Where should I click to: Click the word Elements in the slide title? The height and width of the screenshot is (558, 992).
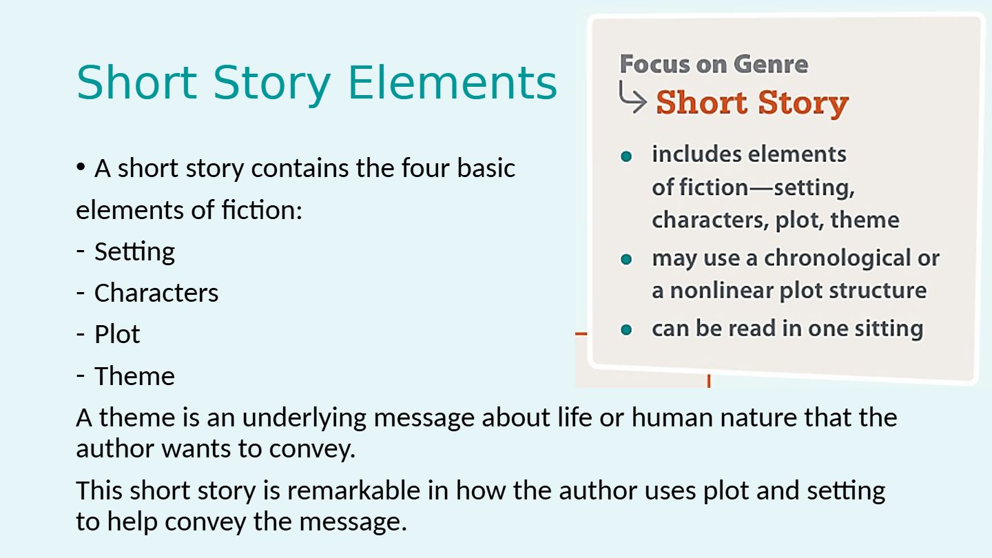coord(452,83)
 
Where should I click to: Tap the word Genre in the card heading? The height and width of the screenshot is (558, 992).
coord(771,64)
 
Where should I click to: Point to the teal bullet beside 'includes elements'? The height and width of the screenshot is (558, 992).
coord(626,156)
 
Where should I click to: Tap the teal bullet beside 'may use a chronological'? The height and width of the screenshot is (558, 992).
coord(626,259)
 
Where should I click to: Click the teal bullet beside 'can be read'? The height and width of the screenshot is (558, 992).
coord(626,329)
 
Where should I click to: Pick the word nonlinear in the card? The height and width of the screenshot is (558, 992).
coord(721,291)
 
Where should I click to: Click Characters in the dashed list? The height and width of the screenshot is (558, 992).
coord(156,293)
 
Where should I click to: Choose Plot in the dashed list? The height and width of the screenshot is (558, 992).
coord(117,334)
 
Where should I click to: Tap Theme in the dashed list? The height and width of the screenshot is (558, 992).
coord(134,376)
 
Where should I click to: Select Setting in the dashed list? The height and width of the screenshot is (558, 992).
coord(134,252)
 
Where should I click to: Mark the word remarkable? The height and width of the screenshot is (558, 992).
coord(353,490)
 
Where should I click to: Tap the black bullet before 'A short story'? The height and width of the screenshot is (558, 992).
coord(80,167)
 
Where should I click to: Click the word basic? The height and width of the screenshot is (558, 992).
coord(486,168)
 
